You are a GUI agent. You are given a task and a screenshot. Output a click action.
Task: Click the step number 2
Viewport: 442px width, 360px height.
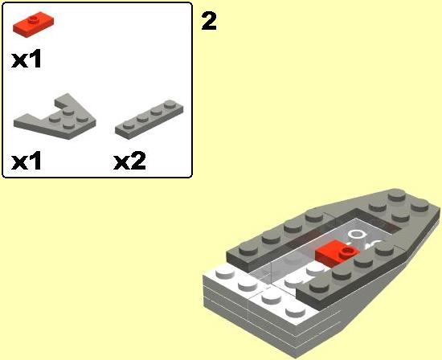pyautogui.click(x=209, y=21)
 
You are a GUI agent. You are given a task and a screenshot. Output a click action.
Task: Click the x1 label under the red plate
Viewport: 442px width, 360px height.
pyautogui.click(x=27, y=59)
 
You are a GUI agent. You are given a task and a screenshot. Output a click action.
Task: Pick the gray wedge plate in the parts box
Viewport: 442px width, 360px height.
pyautogui.click(x=55, y=117)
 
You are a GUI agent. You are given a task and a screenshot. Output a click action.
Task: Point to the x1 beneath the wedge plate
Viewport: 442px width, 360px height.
pyautogui.click(x=27, y=161)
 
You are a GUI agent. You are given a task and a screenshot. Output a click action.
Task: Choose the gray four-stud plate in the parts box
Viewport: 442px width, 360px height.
pyautogui.click(x=149, y=119)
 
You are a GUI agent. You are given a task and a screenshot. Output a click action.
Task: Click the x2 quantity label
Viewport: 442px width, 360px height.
pyautogui.click(x=129, y=161)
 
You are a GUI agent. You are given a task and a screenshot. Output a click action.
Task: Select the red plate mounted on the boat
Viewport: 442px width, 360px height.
pyautogui.click(x=338, y=253)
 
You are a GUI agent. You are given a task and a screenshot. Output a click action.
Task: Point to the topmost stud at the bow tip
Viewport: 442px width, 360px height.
pyautogui.click(x=397, y=194)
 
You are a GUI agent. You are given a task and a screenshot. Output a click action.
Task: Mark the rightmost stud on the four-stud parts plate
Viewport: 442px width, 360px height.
pyautogui.click(x=170, y=104)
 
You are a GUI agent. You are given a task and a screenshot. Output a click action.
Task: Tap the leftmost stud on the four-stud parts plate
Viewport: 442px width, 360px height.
pyautogui.click(x=129, y=125)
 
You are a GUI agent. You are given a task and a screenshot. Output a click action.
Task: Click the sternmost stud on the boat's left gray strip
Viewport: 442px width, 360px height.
pyautogui.click(x=249, y=248)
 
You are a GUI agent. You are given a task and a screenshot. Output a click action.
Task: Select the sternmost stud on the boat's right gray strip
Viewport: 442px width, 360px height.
pyautogui.click(x=319, y=285)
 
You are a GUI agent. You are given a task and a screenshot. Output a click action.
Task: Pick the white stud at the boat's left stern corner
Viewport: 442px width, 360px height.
pyautogui.click(x=225, y=272)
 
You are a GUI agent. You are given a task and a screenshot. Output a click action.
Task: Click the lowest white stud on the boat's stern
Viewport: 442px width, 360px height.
pyautogui.click(x=296, y=311)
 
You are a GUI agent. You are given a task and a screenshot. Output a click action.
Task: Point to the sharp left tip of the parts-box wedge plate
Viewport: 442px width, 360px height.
pyautogui.click(x=14, y=121)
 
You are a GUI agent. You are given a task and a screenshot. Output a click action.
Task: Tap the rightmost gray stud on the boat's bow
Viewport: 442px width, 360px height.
pyautogui.click(x=420, y=205)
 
